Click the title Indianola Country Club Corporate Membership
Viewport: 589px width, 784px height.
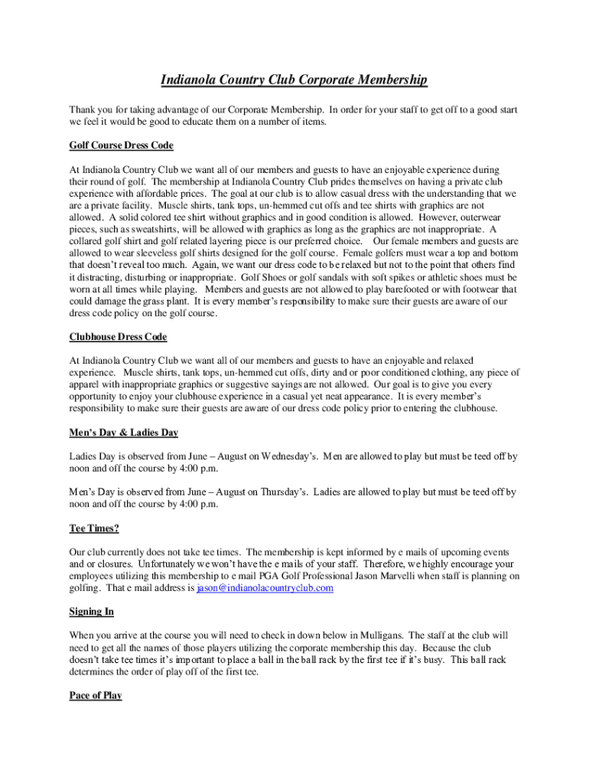click(294, 80)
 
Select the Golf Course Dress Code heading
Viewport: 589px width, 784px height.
click(121, 145)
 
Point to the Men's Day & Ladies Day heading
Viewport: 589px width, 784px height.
click(123, 433)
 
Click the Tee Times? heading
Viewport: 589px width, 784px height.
click(94, 528)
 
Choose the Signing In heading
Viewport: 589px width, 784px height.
click(92, 612)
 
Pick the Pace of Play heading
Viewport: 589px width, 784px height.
click(95, 696)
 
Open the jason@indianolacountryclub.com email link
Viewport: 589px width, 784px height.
click(265, 588)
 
